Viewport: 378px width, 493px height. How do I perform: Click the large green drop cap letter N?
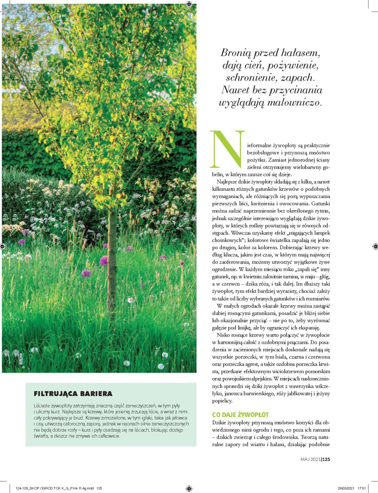(x=227, y=149)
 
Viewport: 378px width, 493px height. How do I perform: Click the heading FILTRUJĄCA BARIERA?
(x=73, y=394)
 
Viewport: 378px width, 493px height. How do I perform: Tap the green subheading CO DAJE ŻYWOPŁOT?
(x=240, y=415)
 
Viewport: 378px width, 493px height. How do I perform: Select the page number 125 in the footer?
(x=326, y=460)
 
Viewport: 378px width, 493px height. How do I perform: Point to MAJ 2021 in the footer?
(x=310, y=460)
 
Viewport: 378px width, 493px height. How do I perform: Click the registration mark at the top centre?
(x=189, y=4)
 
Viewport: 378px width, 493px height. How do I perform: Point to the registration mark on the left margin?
(x=3, y=246)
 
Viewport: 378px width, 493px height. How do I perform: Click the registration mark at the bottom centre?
(x=189, y=489)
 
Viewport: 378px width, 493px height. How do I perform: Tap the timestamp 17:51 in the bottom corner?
(x=362, y=488)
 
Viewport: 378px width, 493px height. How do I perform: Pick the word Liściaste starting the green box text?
(x=42, y=406)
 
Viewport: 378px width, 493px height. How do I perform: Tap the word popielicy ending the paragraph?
(x=222, y=401)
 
